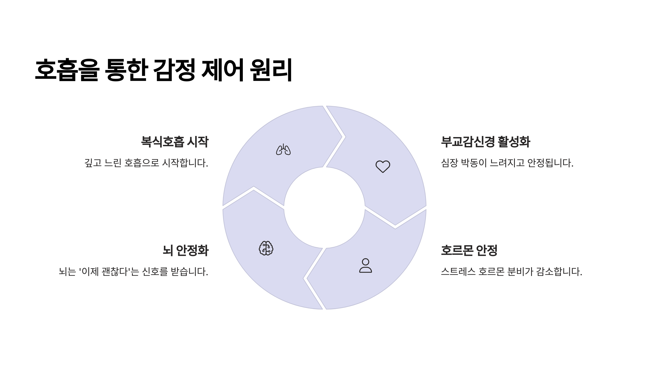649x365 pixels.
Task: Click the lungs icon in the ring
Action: click(283, 150)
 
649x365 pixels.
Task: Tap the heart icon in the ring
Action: click(383, 166)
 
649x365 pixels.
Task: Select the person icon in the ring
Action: click(365, 266)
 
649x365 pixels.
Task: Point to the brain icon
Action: click(266, 248)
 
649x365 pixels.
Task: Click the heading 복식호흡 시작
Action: click(175, 142)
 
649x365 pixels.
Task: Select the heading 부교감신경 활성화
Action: click(485, 142)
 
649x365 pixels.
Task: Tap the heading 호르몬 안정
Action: click(469, 250)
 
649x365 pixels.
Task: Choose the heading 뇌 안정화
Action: click(186, 250)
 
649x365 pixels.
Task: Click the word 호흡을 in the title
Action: click(67, 70)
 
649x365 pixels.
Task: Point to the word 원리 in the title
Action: click(271, 70)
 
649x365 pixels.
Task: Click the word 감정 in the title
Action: click(174, 70)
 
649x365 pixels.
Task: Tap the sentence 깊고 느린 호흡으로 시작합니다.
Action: click(146, 163)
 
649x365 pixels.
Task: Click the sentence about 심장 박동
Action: click(507, 163)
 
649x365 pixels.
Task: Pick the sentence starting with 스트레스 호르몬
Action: click(511, 271)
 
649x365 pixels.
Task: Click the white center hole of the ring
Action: click(324, 208)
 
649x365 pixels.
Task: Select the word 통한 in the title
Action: click(126, 70)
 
